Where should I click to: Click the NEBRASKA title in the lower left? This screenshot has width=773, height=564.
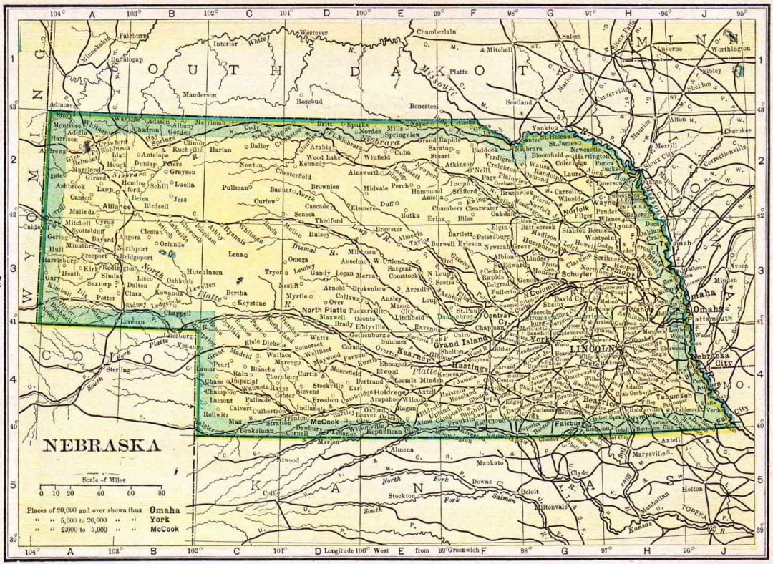point(102,446)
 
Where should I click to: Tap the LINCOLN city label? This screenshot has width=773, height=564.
point(592,348)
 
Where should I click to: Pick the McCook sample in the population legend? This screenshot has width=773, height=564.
point(165,529)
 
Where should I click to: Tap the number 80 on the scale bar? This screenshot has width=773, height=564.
point(162,494)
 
